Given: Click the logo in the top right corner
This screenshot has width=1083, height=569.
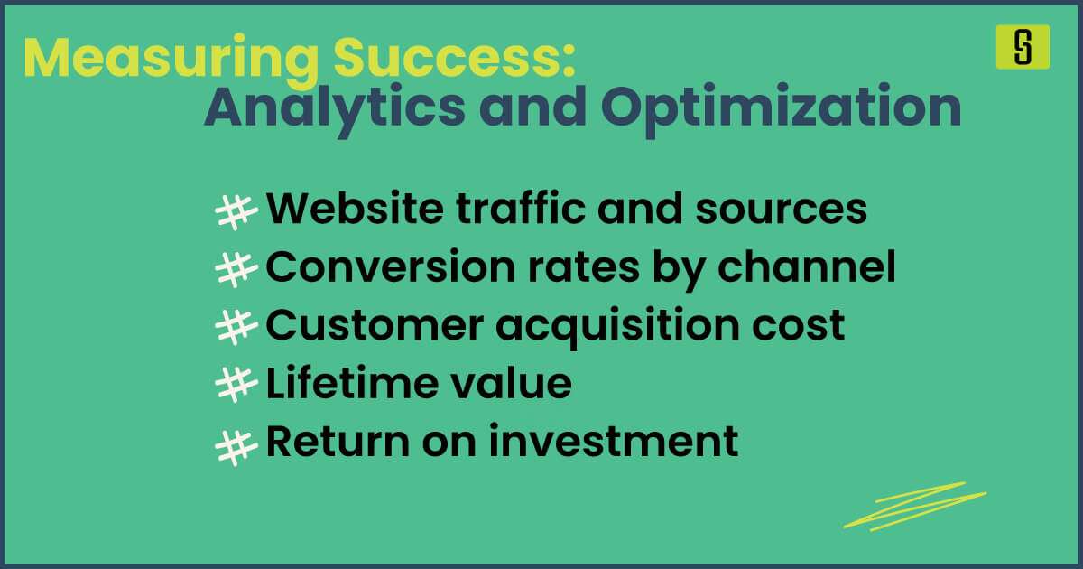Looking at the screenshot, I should click(x=1023, y=47).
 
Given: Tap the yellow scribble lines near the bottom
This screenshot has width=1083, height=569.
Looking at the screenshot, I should click(x=913, y=508).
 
